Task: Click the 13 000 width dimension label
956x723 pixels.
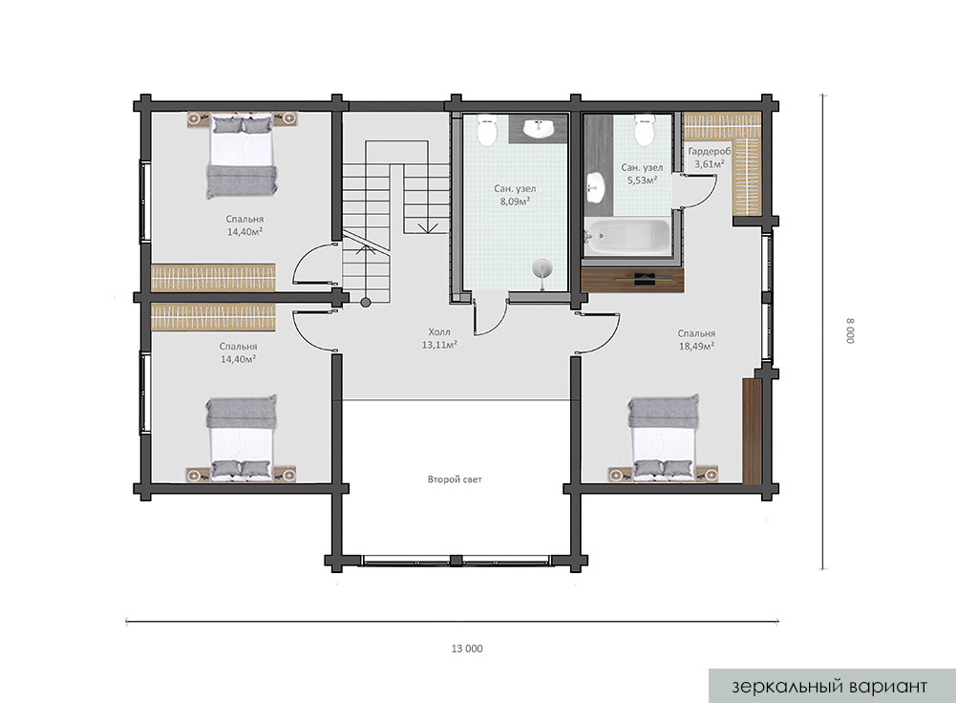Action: (466, 649)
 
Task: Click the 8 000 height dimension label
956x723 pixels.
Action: (851, 330)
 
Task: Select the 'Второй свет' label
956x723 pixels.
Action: (455, 479)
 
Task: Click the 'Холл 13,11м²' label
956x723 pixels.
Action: (439, 338)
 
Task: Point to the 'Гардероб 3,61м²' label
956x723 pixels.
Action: (709, 158)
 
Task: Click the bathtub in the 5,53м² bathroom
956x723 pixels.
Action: (627, 237)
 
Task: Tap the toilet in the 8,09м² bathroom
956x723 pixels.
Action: (486, 131)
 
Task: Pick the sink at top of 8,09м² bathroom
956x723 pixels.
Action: (539, 129)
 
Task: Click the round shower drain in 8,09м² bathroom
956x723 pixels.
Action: (542, 268)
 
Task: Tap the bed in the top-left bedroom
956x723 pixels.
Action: (242, 156)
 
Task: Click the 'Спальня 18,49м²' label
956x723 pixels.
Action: (696, 340)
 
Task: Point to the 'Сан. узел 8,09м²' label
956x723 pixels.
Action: (515, 195)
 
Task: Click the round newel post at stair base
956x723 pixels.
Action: (365, 302)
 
